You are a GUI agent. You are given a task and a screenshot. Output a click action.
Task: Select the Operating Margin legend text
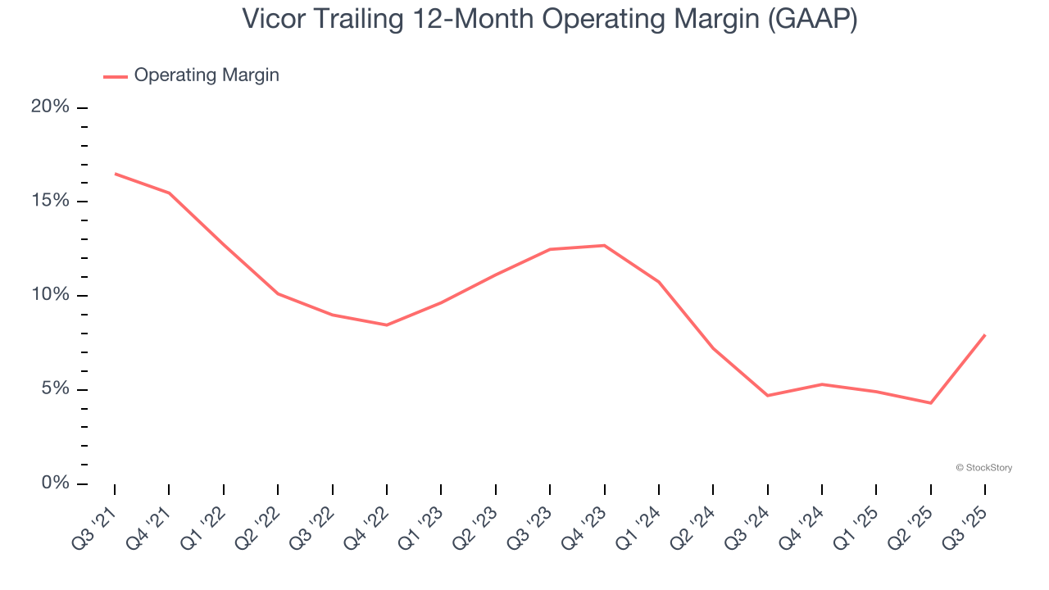click(x=207, y=75)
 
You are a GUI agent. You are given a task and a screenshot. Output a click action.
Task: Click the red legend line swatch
click(x=115, y=76)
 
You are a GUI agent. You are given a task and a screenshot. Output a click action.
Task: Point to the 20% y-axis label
click(x=50, y=107)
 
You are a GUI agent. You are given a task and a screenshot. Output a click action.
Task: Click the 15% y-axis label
click(x=50, y=202)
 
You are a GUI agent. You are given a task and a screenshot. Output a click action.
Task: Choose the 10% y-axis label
click(x=50, y=295)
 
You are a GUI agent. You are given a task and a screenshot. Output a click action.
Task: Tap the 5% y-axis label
click(x=56, y=389)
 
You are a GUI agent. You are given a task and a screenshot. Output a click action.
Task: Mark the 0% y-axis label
click(x=56, y=483)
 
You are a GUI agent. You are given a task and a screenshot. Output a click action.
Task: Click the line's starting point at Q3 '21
click(x=115, y=174)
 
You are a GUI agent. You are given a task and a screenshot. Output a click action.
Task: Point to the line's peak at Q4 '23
click(x=604, y=245)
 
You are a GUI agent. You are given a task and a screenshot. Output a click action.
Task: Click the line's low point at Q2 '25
click(x=931, y=403)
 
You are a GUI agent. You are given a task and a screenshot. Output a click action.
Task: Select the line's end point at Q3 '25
click(x=985, y=334)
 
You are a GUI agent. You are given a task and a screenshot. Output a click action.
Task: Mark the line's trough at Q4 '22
click(x=387, y=325)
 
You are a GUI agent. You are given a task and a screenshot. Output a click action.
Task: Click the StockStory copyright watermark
click(x=983, y=468)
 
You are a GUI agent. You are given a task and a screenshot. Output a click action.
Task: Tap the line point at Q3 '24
click(x=768, y=396)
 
